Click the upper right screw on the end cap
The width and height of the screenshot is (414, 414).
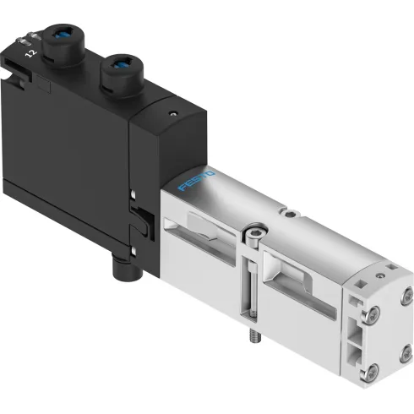[x=406, y=293]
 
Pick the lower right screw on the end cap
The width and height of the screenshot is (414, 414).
[x=406, y=347]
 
